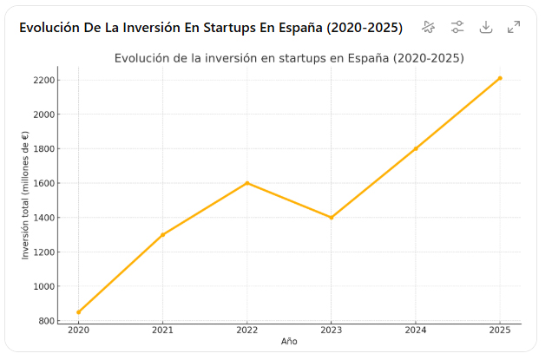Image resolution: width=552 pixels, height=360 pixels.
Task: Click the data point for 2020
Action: pyautogui.click(x=78, y=312)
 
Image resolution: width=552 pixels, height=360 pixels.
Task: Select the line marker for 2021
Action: pyautogui.click(x=162, y=235)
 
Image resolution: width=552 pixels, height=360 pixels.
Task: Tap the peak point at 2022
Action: pyautogui.click(x=247, y=183)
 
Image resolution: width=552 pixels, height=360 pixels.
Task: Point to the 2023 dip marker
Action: pyautogui.click(x=332, y=218)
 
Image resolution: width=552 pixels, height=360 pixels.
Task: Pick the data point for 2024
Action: pyautogui.click(x=416, y=148)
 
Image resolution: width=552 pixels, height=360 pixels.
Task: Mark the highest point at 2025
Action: pyautogui.click(x=500, y=78)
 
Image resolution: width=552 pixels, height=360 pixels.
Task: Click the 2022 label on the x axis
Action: pyautogui.click(x=247, y=330)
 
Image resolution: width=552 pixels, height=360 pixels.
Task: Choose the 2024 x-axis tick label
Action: pyautogui.click(x=416, y=330)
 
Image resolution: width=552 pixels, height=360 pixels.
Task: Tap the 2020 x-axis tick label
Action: pyautogui.click(x=78, y=330)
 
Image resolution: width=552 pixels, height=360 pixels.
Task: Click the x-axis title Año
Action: pyautogui.click(x=289, y=342)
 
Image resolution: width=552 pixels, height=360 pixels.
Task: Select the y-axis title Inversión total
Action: pyautogui.click(x=26, y=194)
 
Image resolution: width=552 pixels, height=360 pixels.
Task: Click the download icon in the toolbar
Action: pyautogui.click(x=486, y=27)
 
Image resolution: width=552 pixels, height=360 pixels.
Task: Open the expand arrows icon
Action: pyautogui.click(x=514, y=27)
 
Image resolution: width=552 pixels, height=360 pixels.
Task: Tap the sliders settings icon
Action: pyautogui.click(x=457, y=27)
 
